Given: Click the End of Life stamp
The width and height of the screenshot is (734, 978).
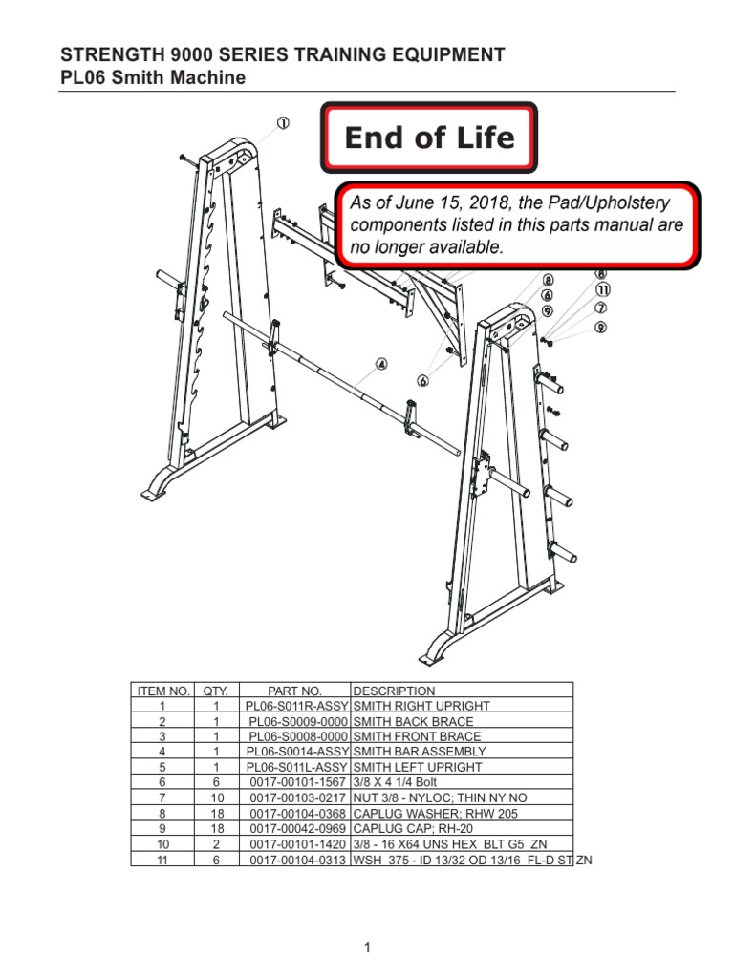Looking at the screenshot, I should click(x=429, y=138).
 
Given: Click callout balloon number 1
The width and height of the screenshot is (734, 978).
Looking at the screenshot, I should click(x=284, y=123).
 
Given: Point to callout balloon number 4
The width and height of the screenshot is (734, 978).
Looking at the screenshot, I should click(x=381, y=364).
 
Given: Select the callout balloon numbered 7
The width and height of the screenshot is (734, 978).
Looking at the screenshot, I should click(x=601, y=308).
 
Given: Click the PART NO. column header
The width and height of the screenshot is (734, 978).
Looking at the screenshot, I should click(x=295, y=691).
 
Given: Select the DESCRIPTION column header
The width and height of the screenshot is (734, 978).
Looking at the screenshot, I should click(x=394, y=691).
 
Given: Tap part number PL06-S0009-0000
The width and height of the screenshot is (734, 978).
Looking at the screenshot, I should click(x=295, y=721).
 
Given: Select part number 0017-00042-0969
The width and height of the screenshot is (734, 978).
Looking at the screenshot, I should click(x=295, y=828).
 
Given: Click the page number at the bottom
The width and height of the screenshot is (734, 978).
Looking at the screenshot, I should click(x=367, y=947).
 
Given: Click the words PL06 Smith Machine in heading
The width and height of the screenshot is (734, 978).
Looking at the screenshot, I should click(x=153, y=77).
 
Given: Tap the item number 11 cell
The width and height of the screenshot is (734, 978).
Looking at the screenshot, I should click(x=162, y=859).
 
